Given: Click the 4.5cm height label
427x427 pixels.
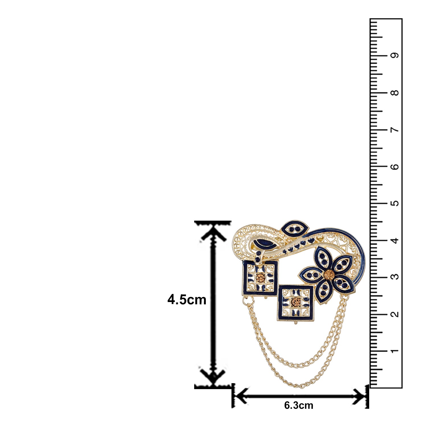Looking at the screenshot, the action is pos(187,300).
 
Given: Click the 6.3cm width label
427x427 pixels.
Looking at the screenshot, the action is pos(299,405).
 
